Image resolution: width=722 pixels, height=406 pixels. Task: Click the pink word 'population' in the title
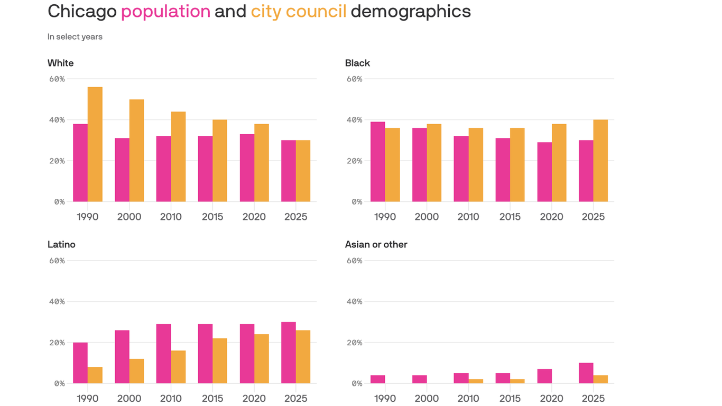165,11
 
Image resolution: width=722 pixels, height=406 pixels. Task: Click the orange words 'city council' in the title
299,11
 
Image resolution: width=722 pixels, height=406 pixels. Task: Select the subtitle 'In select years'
75,36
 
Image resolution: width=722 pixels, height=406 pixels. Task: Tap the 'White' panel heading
61,63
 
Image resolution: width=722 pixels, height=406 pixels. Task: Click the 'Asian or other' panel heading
376,244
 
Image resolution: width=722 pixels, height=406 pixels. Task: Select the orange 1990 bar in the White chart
95,144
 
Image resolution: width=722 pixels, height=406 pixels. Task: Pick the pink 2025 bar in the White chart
289,171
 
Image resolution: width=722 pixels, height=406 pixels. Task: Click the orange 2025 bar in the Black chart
600,161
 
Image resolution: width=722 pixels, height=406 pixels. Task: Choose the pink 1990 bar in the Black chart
378,162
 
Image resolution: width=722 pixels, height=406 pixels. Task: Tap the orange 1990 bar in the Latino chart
95,375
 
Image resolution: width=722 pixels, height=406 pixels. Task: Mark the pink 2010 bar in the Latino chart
164,354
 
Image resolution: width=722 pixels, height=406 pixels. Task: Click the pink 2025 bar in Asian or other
586,373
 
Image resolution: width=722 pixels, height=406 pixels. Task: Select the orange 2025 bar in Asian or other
600,379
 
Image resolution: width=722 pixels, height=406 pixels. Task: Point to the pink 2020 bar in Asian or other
544,376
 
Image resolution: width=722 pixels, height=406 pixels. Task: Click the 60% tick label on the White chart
57,79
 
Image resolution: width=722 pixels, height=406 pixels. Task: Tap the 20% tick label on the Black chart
355,161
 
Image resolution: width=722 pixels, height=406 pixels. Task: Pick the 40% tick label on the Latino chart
57,301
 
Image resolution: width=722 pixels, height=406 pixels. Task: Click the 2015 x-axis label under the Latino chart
212,398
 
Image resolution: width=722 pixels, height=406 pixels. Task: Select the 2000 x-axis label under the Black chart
427,217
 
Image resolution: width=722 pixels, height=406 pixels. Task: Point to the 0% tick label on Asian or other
357,383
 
